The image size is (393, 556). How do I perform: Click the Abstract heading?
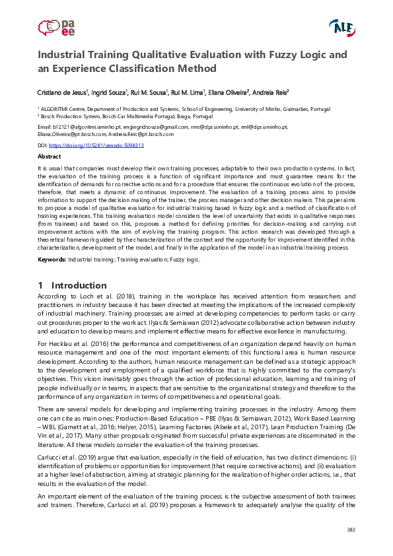[49, 157]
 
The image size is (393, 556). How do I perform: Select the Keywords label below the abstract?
[51, 260]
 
